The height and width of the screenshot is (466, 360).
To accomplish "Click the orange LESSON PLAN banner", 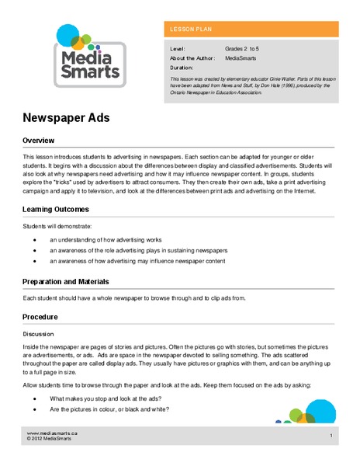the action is (251, 30).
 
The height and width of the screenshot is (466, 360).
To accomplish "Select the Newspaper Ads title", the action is (66, 120).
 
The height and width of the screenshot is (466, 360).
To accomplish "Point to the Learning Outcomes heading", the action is (56, 209).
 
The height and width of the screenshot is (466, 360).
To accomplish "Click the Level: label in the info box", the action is (178, 48).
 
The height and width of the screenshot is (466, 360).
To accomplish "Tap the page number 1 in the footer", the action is (331, 436).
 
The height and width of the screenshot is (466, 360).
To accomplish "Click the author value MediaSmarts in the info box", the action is (243, 57).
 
